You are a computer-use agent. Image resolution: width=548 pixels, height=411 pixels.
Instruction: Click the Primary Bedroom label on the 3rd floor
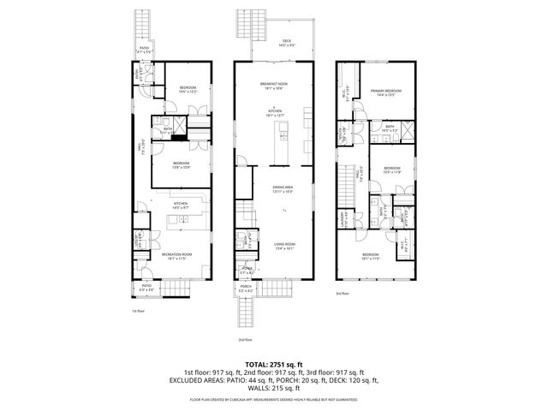tap(386, 92)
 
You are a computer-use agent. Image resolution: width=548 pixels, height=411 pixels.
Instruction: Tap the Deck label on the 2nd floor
tap(286, 43)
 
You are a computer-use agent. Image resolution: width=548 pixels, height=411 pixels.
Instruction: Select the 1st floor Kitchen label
tap(179, 205)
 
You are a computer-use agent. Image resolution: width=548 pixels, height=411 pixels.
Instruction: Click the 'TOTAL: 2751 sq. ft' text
tap(273, 364)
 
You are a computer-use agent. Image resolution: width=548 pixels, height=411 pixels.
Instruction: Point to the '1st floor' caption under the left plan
tap(138, 310)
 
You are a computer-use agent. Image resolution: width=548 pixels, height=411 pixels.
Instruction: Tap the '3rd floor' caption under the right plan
tap(342, 294)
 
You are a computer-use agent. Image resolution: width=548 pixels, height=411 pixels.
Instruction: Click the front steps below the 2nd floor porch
tap(245, 313)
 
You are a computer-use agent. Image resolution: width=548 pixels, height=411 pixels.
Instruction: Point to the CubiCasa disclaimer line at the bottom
tap(274, 398)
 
